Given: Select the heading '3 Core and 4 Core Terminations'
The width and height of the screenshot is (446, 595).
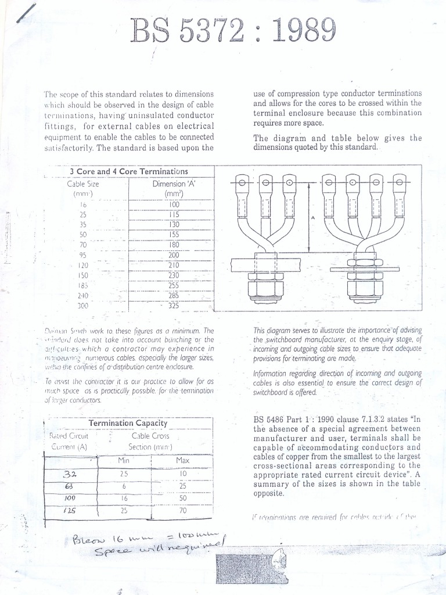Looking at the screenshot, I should click(x=129, y=171).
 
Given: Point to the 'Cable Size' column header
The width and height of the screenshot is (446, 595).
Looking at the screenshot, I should click(x=83, y=184).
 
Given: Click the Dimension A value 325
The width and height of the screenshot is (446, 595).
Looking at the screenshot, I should click(x=174, y=306).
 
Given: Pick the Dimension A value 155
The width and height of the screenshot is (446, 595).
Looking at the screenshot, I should click(x=174, y=235).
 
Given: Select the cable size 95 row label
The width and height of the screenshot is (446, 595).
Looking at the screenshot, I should click(x=83, y=255).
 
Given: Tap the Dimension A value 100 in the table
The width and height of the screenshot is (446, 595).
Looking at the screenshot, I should click(x=174, y=205).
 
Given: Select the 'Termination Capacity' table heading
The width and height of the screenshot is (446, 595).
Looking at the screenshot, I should click(x=128, y=424).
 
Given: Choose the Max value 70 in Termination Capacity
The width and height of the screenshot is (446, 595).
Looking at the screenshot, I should click(x=182, y=511).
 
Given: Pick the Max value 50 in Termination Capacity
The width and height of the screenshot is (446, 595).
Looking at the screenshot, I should click(x=182, y=499).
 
